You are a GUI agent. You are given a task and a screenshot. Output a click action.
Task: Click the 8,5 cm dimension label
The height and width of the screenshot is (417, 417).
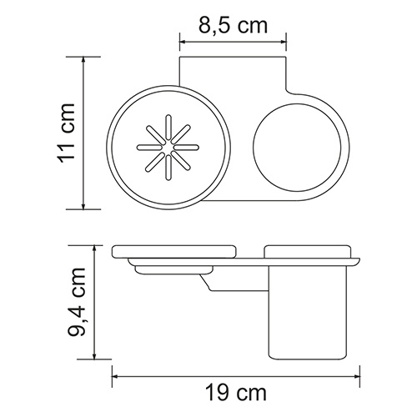232,24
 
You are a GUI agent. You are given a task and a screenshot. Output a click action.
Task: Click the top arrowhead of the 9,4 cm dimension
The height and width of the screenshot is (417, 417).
94,247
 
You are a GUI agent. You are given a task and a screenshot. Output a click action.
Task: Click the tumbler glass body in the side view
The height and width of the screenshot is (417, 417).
309,313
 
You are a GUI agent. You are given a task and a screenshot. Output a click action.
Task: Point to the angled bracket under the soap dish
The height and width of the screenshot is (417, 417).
219,286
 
